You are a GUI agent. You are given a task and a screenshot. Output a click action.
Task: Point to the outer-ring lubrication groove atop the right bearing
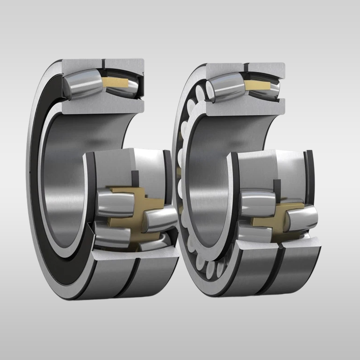(x=247, y=68)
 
